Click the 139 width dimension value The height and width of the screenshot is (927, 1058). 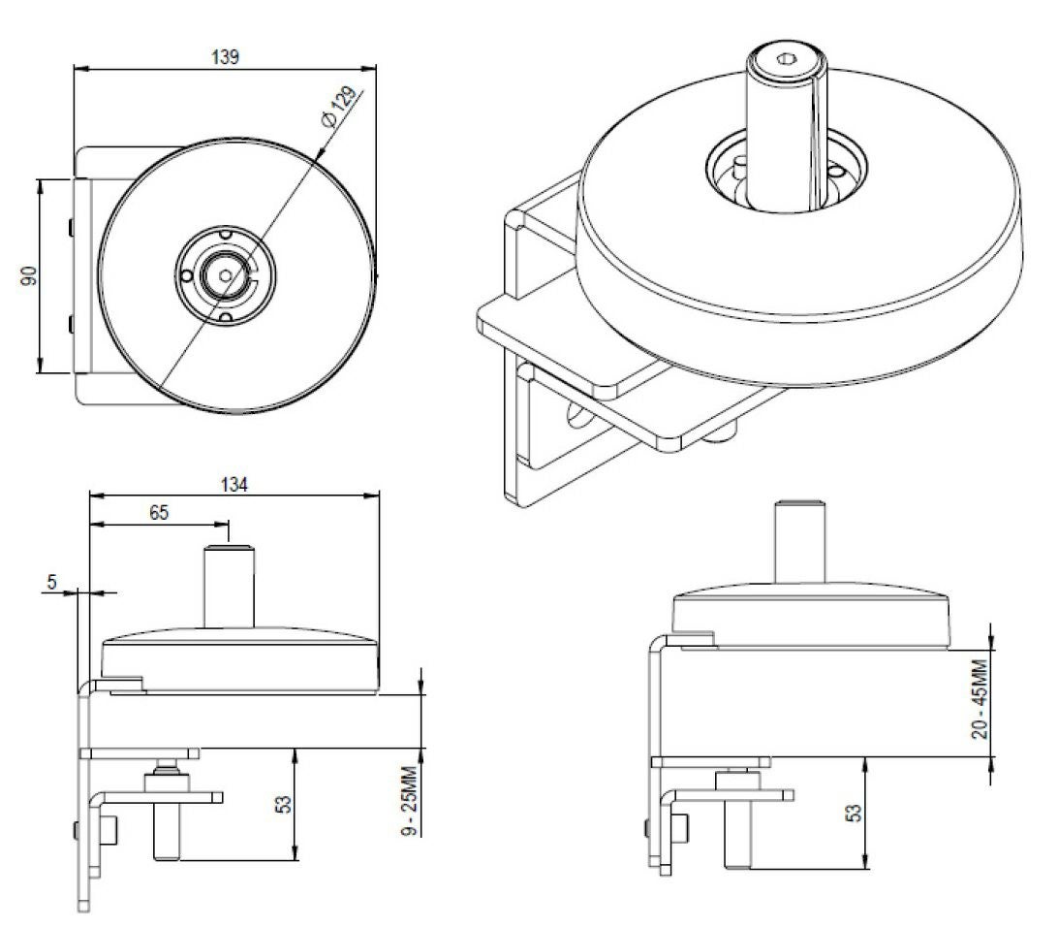click(226, 55)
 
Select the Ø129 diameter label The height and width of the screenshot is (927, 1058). click(340, 105)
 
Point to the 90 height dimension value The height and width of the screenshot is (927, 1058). click(29, 275)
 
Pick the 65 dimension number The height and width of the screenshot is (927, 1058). click(159, 513)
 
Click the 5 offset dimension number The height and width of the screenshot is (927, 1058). click(52, 581)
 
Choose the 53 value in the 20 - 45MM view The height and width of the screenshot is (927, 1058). click(854, 813)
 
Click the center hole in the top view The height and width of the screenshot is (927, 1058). click(226, 275)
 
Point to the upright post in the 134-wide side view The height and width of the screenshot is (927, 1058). click(227, 587)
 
